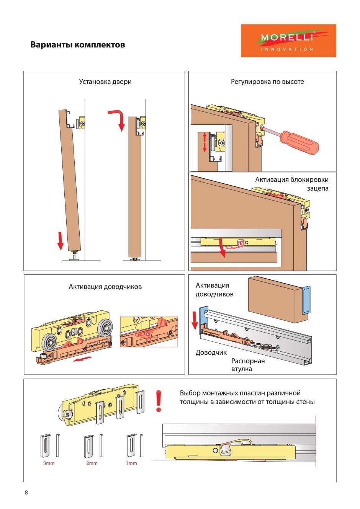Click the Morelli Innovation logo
point(288,41)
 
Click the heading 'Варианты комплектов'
point(77,44)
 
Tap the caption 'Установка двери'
point(105,82)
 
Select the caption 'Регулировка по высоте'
point(267,82)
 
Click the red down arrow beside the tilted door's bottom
point(60,241)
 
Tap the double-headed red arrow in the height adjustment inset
point(205,142)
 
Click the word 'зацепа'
point(317,188)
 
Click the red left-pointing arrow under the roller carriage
point(83,359)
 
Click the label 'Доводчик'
point(211,353)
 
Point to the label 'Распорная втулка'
point(248,365)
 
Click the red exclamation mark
point(159,401)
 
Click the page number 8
point(26,493)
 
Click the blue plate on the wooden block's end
point(306,300)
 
